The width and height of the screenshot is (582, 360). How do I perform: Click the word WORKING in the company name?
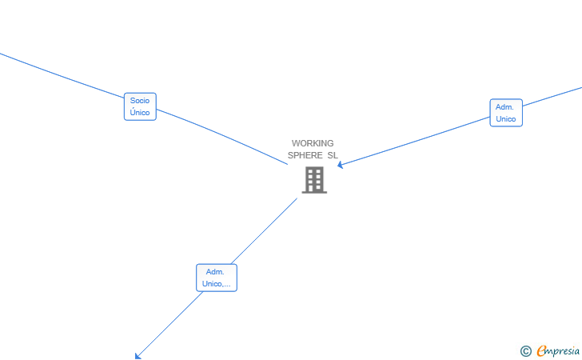point(313,143)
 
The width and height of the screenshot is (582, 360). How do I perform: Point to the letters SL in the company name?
point(333,155)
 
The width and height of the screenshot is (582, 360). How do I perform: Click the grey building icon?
point(314,180)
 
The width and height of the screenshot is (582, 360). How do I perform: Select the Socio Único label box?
point(140,106)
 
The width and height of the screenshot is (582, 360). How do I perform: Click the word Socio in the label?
point(140,101)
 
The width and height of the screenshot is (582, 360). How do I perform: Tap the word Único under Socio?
point(140,113)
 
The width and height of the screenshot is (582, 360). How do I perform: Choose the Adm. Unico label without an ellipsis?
point(505,113)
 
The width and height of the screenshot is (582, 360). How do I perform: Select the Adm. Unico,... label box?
point(217,278)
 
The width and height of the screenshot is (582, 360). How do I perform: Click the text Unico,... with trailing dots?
point(217,284)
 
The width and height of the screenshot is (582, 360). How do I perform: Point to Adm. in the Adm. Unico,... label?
point(215,272)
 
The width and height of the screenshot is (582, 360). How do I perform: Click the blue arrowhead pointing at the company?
point(341,165)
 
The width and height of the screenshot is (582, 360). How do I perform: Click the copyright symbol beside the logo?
point(525,350)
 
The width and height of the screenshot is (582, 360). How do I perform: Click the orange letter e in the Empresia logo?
point(541,350)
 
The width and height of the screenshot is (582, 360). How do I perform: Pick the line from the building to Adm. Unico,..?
point(264,231)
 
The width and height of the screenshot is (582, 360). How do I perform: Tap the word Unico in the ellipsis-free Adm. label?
point(505,119)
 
